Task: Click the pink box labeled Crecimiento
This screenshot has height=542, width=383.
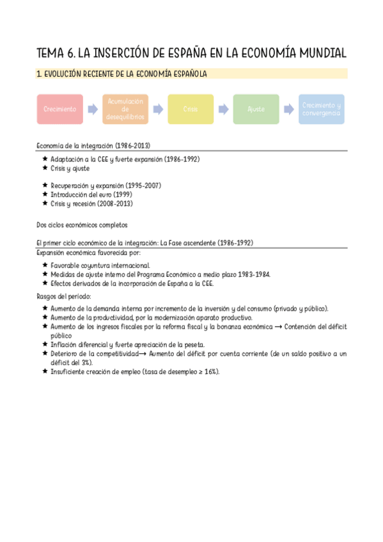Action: pos(59,109)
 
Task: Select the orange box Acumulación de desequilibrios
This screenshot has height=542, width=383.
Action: pos(125,109)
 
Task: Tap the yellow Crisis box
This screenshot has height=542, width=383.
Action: pos(191,109)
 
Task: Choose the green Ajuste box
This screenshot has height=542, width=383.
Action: pos(256,109)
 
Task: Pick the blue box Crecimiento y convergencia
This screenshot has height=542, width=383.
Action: pos(321,109)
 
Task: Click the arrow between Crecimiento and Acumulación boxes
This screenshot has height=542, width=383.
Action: pos(93,109)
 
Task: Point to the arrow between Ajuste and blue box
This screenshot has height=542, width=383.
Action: pos(288,109)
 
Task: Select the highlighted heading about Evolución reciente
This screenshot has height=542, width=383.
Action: pos(121,75)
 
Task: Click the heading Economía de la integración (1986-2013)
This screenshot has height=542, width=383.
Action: pos(93,146)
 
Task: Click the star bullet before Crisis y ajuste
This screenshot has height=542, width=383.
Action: pos(45,168)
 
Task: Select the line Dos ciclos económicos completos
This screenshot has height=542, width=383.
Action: pos(82,224)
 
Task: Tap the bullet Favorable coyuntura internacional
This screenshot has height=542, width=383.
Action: pos(100,265)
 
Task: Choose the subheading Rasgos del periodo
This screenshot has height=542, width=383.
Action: pos(64,296)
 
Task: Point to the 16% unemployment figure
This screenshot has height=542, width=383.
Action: pos(210,371)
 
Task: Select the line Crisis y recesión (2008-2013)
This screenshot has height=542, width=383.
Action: pos(91,203)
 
